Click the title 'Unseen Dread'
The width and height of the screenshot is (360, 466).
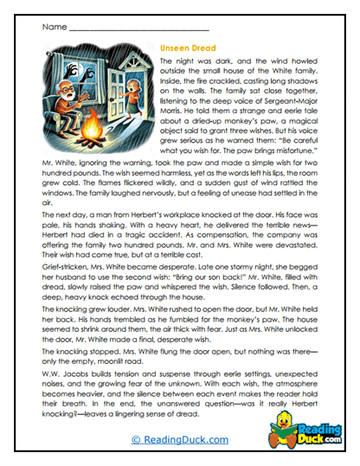click(x=188, y=48)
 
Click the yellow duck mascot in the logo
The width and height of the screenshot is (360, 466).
click(x=295, y=421)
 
